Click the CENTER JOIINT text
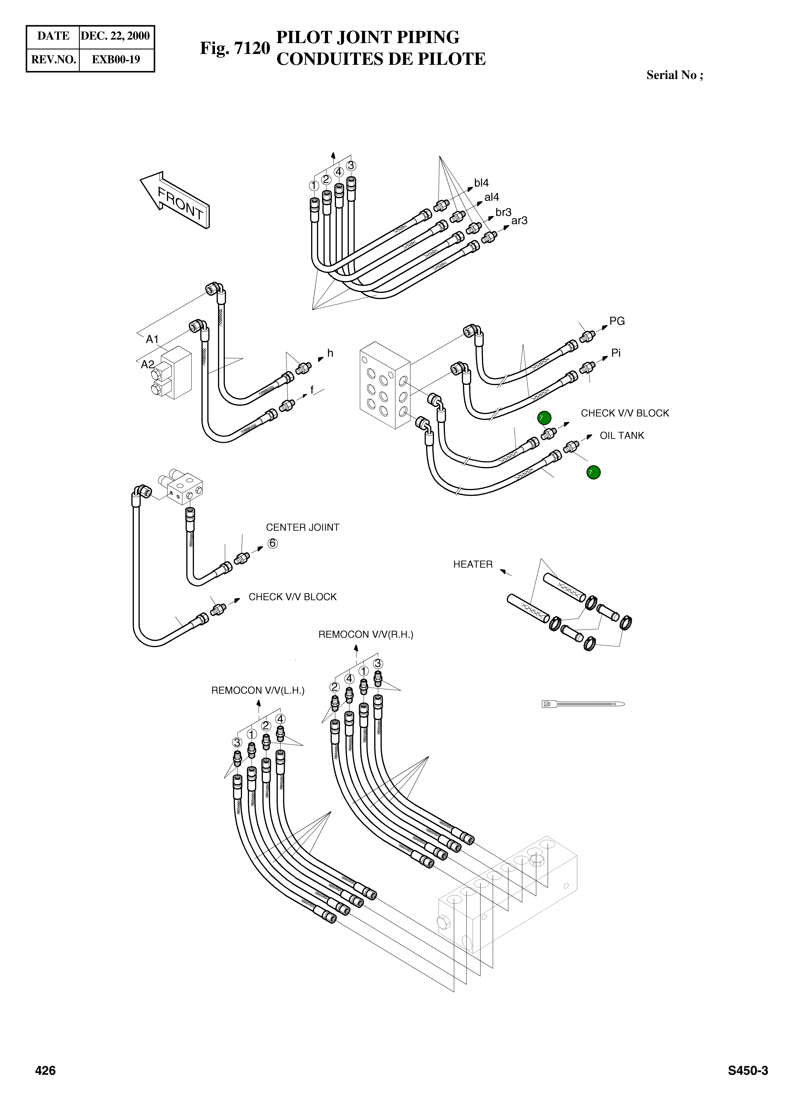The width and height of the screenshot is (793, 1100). tap(302, 527)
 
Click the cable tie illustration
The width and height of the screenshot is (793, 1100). tap(583, 704)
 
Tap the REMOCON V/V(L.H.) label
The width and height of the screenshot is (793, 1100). tap(258, 691)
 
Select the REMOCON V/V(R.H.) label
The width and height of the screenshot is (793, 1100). tap(366, 634)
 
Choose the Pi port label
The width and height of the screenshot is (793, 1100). tap(616, 353)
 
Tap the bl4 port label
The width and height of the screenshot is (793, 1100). tap(481, 183)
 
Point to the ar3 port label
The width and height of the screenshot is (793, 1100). tap(519, 221)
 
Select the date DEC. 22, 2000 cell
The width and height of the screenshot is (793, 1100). tap(115, 36)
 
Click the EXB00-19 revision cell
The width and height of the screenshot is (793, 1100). tap(116, 60)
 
